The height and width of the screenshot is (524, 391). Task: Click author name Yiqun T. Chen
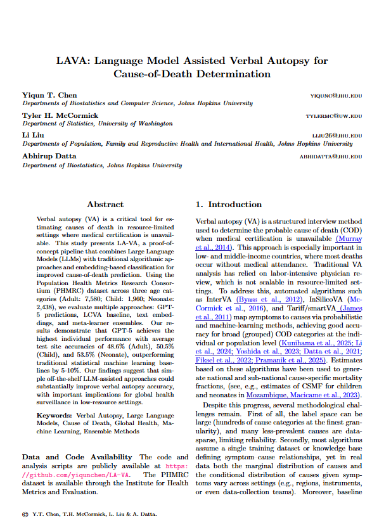click(x=49, y=95)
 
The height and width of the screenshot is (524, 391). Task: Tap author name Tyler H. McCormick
click(x=60, y=115)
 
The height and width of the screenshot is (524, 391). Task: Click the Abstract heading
click(x=105, y=205)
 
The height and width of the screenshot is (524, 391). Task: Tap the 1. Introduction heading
click(x=228, y=205)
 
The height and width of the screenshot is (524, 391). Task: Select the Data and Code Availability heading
click(x=77, y=457)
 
